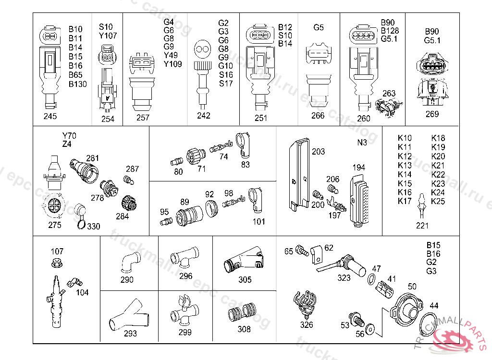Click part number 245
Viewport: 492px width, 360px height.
[50, 116]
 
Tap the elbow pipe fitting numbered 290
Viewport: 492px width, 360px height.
[130, 262]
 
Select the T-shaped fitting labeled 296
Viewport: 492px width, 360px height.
[185, 257]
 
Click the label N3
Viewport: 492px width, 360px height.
[362, 143]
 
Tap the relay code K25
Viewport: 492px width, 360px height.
[438, 201]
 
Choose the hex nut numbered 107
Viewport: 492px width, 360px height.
[57, 263]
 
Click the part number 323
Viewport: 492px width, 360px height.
[344, 278]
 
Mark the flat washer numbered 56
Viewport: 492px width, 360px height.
[370, 330]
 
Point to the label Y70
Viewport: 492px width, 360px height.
[69, 136]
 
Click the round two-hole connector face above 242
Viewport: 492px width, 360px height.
[203, 49]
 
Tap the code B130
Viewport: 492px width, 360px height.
[78, 84]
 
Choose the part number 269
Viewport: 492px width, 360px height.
[432, 114]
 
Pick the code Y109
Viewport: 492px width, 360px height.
[172, 64]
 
